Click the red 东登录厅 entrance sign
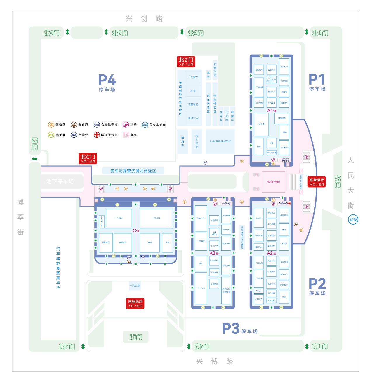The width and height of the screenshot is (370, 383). click(317, 182)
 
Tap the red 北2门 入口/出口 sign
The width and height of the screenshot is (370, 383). click(186, 61)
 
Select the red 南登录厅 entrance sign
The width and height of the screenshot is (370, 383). click(136, 303)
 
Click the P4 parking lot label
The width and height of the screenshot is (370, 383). click(107, 83)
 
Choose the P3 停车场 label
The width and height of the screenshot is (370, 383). click(240, 329)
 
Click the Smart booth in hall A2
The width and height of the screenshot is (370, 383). click(259, 291)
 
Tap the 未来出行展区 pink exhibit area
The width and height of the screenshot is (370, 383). click(273, 182)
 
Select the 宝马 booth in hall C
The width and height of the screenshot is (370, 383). click(167, 242)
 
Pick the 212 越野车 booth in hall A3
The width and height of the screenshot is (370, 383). click(214, 232)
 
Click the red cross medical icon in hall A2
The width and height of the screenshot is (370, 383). click(289, 203)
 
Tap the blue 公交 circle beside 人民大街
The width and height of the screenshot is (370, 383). click(353, 219)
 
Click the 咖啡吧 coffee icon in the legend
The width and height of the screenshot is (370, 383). click(74, 125)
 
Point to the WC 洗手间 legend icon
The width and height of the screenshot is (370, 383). click(51, 135)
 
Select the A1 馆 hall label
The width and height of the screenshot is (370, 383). click(272, 111)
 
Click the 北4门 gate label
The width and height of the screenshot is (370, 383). click(51, 33)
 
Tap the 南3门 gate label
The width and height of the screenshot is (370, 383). click(67, 347)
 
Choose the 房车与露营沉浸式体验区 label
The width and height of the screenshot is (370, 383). click(133, 171)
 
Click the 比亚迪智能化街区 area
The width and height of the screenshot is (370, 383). click(220, 141)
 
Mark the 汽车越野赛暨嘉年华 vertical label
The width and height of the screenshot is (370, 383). click(58, 268)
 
